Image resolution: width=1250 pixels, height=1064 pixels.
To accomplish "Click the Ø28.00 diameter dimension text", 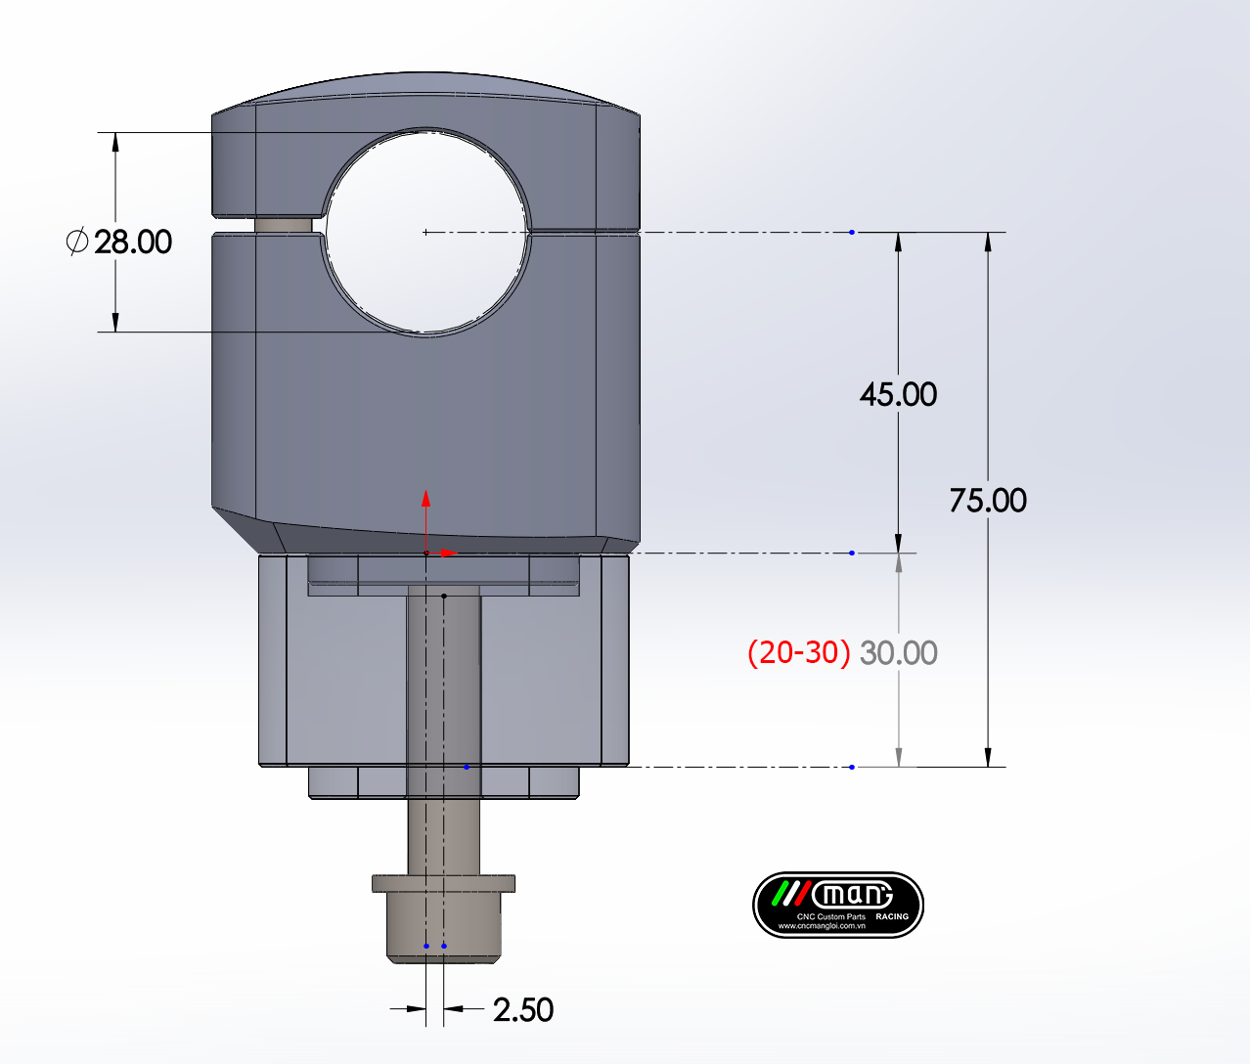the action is click(119, 242).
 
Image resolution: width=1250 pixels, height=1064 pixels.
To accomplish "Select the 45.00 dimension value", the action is click(898, 395).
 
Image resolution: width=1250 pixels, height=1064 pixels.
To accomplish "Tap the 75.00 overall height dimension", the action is click(988, 501).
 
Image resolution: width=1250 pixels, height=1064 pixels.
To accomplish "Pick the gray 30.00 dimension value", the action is click(899, 653).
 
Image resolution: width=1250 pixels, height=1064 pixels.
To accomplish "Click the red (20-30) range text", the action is click(799, 653).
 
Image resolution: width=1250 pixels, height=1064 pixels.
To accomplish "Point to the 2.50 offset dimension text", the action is click(523, 1009).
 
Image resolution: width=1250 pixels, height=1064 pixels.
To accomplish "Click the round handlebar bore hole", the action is click(426, 232).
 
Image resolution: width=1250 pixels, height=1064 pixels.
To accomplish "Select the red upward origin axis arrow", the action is click(425, 520).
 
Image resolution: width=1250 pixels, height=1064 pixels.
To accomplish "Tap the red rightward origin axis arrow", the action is click(441, 553).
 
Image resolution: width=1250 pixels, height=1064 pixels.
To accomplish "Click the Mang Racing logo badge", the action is click(837, 905).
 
